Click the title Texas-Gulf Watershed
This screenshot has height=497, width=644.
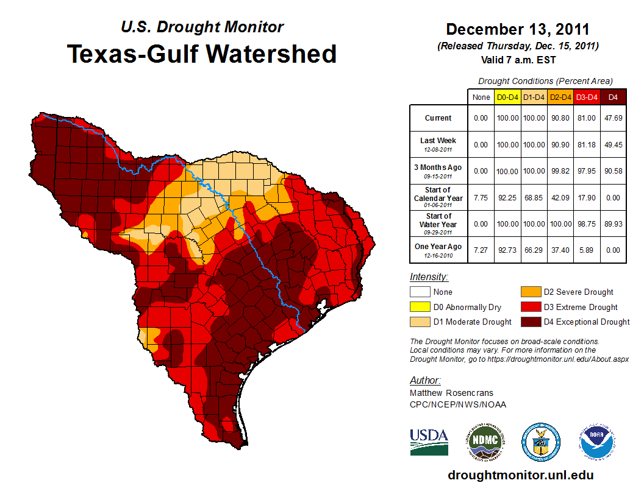pos(202,54)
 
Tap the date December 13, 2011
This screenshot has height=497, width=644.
pos(518,29)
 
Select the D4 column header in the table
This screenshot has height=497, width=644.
pos(613,97)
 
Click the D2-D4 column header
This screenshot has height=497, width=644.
pos(559,97)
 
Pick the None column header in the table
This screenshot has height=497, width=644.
pos(481,97)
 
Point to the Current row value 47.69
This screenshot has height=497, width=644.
pos(613,118)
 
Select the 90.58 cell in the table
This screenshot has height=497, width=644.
pos(613,171)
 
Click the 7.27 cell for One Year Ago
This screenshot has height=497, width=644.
pos(481,250)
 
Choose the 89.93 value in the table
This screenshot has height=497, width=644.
pos(613,224)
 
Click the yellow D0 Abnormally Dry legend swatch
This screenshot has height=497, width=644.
pos(419,307)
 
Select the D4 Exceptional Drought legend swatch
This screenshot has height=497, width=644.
pos(530,322)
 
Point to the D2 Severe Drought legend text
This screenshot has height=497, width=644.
pos(578,292)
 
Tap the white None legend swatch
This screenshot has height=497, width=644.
pos(419,292)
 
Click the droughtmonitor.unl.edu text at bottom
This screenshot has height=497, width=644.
pos(520,475)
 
